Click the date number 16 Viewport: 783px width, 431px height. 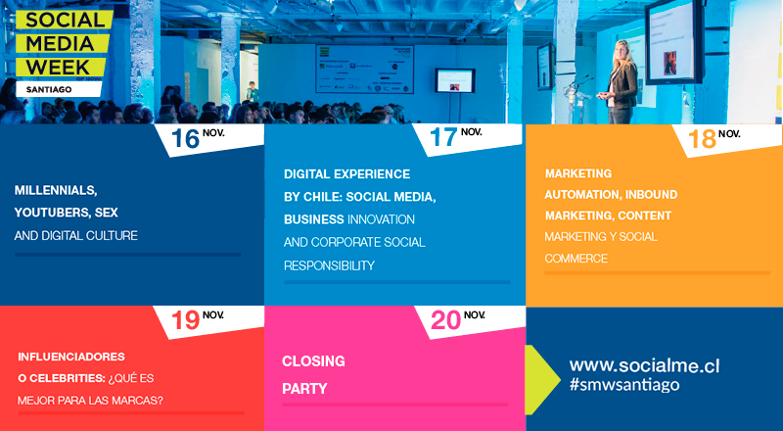185,139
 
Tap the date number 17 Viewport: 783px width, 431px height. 443,137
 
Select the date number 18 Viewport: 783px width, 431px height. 702,139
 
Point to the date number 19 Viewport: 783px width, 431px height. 185,320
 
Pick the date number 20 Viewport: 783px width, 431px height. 444,320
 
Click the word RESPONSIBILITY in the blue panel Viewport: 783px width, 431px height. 329,265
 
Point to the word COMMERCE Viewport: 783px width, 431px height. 576,259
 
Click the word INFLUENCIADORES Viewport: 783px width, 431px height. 71,356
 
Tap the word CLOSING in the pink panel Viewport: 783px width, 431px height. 313,361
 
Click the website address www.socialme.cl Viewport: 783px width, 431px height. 644,365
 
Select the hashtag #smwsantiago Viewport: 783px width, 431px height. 624,385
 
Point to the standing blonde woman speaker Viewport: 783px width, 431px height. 622,83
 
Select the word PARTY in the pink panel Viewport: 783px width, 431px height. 304,389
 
